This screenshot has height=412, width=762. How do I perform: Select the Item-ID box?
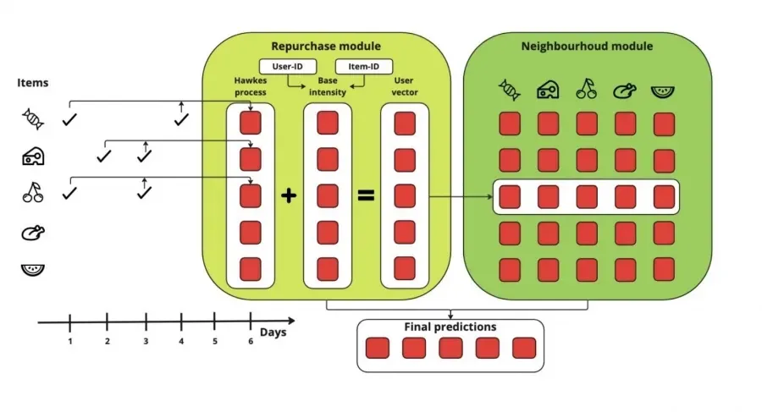pos(364,66)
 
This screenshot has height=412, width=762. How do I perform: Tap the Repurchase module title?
pos(326,46)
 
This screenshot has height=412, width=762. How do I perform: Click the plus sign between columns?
pos(289,195)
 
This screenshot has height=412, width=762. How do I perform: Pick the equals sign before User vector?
pos(366,195)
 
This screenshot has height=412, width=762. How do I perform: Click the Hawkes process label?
pos(250,85)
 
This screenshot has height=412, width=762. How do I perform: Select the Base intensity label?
pos(327,86)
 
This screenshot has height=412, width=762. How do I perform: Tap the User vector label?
pos(404,85)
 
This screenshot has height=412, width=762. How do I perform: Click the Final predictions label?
pos(450,327)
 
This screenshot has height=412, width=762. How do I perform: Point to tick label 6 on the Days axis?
pos(251,341)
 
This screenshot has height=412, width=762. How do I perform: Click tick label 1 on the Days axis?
pos(70,341)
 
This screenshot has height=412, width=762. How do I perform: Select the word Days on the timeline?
pos(273,332)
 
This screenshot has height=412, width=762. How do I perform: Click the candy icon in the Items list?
pos(33,120)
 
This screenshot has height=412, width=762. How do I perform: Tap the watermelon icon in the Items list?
pos(33,270)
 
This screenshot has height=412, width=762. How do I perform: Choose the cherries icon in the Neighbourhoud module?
pos(586,89)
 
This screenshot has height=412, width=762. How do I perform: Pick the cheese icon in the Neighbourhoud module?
pos(547,89)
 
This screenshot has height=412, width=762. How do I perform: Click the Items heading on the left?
pos(33,82)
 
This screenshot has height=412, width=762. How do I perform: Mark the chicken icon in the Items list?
pos(33,232)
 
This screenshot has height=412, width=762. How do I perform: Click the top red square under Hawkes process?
pos(251,123)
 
